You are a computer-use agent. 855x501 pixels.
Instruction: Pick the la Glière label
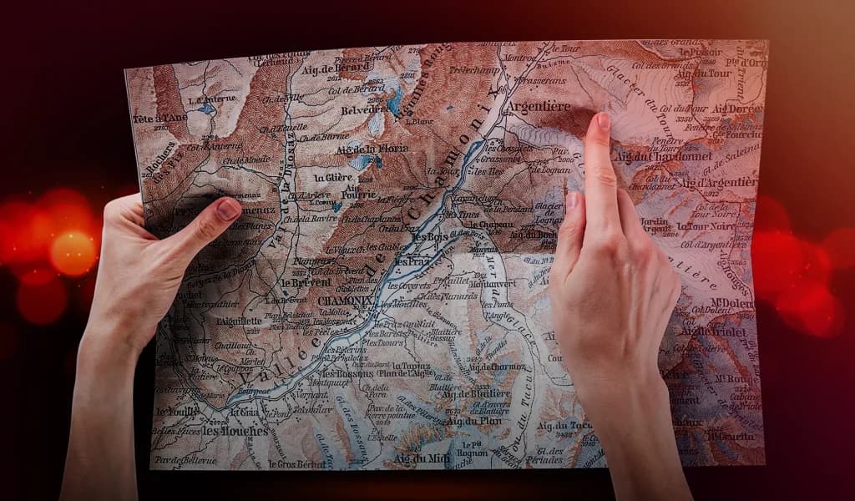pos(333,177)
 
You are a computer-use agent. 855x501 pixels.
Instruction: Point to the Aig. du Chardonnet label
pos(662,155)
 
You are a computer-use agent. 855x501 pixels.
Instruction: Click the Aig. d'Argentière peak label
pos(717,182)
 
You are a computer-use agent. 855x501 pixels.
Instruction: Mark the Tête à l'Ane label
pos(159,119)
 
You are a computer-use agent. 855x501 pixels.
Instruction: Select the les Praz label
pos(412,261)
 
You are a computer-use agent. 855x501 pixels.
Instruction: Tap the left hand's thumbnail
pos(228,210)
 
